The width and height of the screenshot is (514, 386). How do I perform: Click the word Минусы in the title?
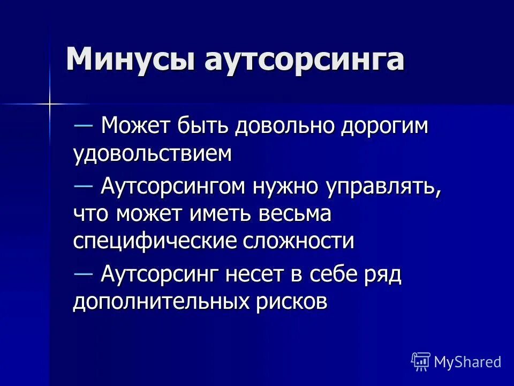click(x=131, y=59)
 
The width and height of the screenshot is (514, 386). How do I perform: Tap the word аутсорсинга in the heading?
click(x=304, y=59)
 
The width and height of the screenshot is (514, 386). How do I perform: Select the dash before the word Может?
click(x=84, y=125)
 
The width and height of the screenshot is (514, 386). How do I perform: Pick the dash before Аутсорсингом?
click(x=84, y=184)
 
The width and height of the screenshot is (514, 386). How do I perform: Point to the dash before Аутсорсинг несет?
click(x=84, y=273)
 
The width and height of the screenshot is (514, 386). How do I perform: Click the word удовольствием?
click(x=153, y=154)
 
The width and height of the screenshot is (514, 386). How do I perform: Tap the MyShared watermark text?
click(x=467, y=361)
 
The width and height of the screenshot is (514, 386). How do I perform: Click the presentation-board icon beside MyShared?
click(x=421, y=361)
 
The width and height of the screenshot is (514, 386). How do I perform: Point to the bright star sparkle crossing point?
click(x=49, y=102)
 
